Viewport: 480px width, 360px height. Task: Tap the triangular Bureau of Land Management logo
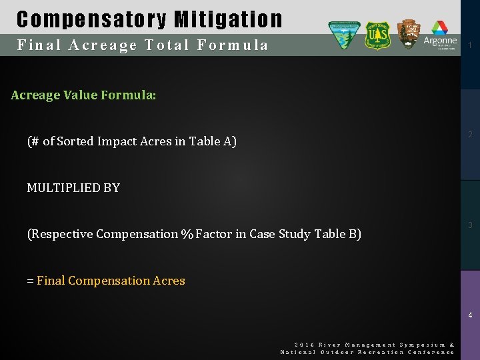(x=344, y=35)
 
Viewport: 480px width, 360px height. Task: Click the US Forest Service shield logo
(x=377, y=35)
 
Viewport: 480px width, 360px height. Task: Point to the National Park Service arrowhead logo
(x=409, y=33)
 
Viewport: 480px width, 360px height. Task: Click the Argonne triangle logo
(x=440, y=29)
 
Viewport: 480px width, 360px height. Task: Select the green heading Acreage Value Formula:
(x=83, y=95)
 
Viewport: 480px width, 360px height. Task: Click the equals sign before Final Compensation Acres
(x=30, y=281)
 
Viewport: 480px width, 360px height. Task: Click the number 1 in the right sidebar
(x=470, y=45)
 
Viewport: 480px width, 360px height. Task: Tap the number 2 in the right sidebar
(x=470, y=135)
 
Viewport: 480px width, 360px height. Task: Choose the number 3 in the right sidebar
(x=470, y=225)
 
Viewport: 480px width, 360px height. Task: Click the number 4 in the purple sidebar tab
(x=470, y=315)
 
